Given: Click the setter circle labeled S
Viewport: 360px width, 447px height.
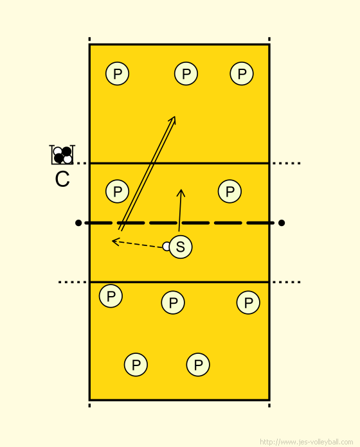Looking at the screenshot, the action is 181,247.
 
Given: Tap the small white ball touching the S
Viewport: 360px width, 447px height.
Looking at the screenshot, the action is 166,247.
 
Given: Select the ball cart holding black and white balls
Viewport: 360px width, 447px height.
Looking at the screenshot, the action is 62,155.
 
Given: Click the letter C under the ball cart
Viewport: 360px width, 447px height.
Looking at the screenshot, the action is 62,179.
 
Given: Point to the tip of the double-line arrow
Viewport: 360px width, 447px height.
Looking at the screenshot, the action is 175,116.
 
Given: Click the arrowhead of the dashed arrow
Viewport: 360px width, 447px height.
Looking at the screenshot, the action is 113,241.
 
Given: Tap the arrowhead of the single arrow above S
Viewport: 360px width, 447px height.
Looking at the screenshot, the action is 181,190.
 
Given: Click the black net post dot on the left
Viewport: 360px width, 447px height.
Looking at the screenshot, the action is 78,223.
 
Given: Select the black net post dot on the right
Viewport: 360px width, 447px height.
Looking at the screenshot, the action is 282,223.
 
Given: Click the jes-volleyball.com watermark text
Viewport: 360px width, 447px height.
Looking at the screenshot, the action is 307,442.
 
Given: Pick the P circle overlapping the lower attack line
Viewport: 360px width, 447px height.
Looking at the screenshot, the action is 111,296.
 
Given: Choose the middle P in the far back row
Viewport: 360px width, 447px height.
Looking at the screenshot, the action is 186,74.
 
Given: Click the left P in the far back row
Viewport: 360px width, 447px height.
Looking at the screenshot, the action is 117,74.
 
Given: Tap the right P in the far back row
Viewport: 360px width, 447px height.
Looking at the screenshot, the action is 242,74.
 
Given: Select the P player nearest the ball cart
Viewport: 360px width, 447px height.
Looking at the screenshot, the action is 117,191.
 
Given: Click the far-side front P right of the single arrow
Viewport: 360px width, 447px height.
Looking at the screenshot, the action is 230,191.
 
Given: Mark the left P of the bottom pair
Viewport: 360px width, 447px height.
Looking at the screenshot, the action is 136,365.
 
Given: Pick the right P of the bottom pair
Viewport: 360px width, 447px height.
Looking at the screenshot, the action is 198,365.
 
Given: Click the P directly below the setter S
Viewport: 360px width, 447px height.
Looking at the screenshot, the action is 173,302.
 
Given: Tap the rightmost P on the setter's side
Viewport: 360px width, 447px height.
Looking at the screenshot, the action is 248,302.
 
